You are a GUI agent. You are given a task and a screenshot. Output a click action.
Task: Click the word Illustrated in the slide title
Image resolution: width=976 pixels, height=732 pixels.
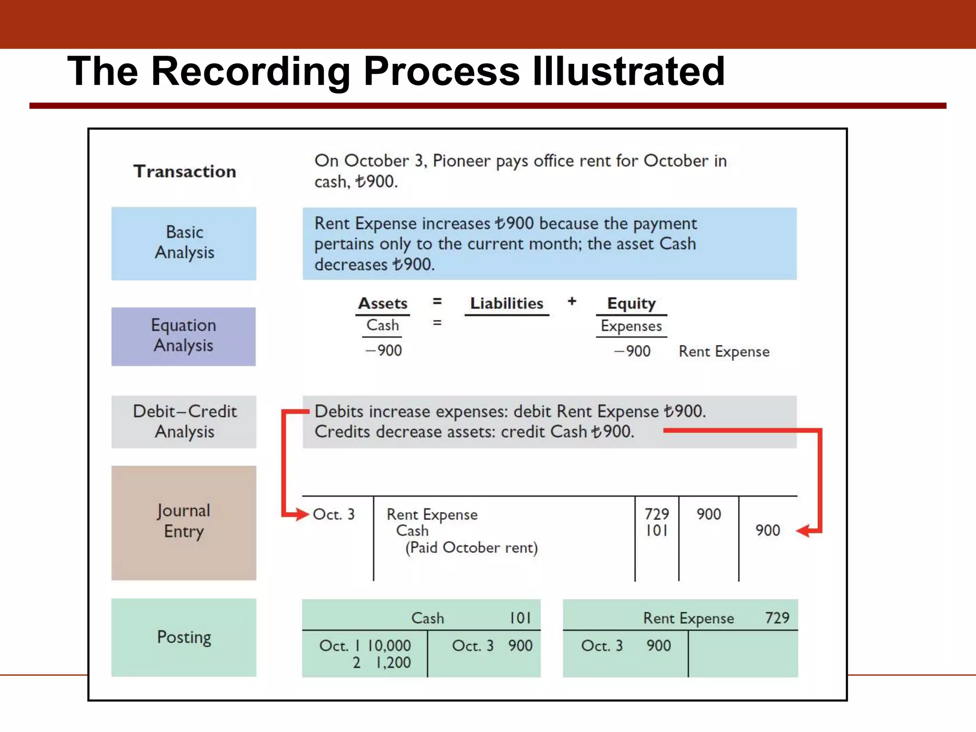628,71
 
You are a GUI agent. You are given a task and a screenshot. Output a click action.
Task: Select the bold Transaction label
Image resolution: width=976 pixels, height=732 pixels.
185,172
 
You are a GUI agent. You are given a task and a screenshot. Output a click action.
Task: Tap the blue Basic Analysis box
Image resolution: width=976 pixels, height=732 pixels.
184,243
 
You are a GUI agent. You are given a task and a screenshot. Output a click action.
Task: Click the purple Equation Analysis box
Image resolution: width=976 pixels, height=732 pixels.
183,336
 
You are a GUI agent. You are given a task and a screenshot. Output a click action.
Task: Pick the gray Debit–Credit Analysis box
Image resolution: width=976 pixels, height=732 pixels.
184,422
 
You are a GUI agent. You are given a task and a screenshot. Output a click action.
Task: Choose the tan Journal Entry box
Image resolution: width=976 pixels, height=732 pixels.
184,523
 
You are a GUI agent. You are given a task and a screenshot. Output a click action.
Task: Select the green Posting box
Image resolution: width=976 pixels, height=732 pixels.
184,637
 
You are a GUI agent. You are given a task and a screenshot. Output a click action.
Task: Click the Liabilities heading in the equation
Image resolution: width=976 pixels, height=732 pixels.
507,304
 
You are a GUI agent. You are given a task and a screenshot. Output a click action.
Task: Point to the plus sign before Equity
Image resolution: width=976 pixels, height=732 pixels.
572,301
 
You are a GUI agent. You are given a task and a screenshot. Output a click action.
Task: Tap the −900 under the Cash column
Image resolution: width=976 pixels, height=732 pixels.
384,351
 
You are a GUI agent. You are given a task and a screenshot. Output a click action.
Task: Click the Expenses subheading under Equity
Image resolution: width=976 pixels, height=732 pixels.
631,326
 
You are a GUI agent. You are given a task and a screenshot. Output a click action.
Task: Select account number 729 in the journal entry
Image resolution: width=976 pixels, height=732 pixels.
657,514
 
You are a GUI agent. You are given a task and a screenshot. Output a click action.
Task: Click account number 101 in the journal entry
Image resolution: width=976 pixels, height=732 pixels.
657,530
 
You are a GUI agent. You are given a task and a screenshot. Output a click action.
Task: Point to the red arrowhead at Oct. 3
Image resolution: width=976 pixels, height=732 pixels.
302,514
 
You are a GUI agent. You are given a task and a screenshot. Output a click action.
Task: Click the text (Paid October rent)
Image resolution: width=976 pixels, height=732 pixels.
471,548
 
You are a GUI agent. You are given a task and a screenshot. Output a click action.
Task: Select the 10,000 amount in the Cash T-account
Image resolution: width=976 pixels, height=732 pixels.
389,646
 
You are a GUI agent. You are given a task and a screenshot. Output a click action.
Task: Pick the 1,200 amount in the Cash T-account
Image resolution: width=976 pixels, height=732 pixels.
393,662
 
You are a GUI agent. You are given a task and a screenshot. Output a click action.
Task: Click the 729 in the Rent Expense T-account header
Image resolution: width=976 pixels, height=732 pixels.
777,618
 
